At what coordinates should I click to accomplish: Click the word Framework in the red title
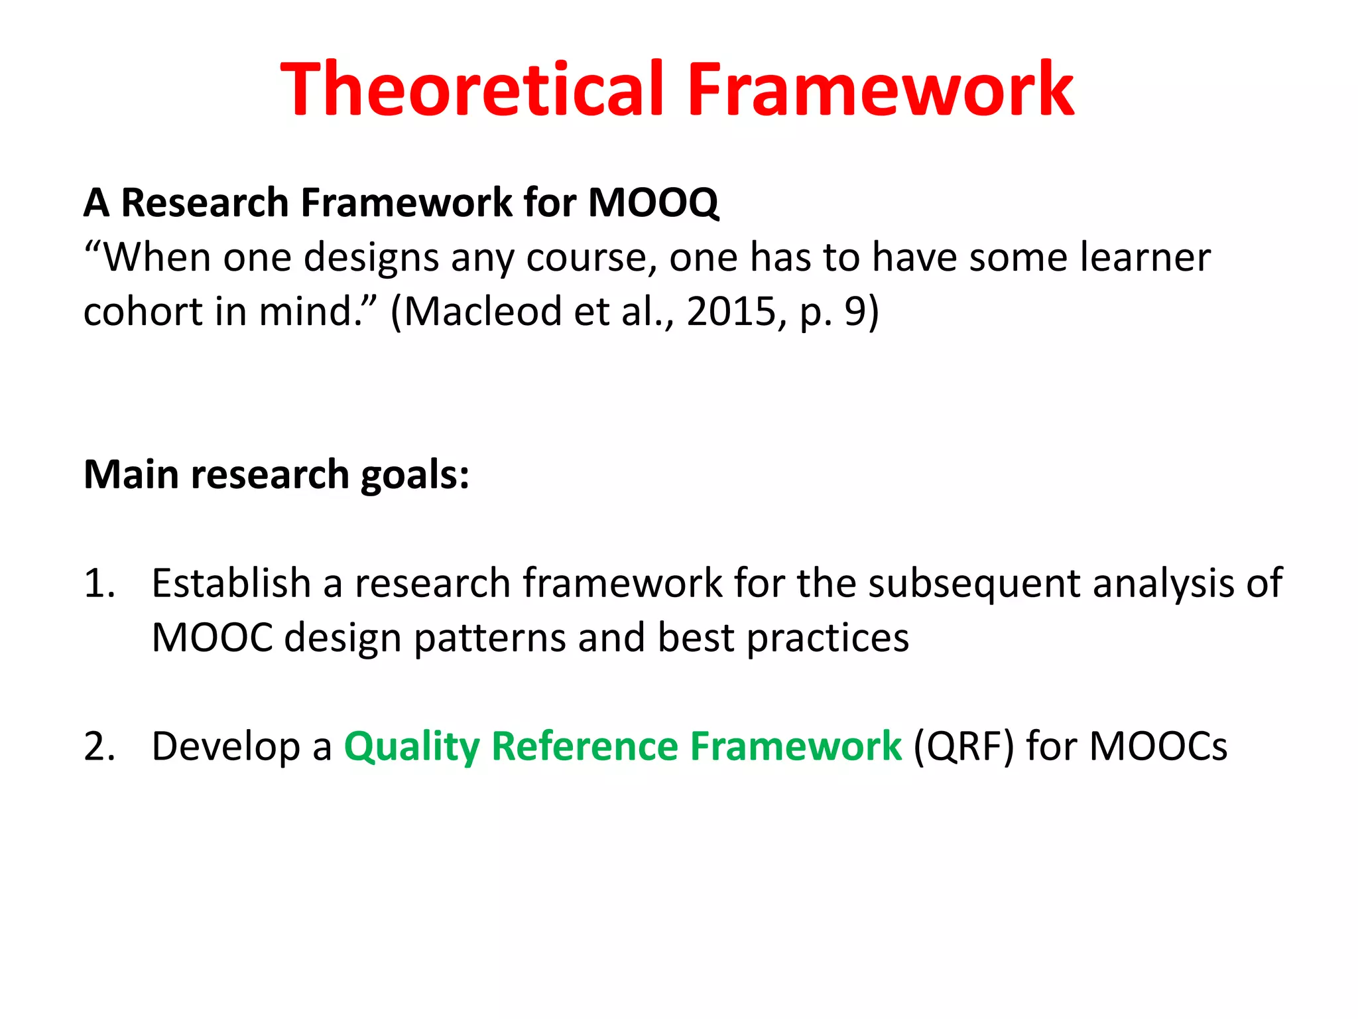pos(880,90)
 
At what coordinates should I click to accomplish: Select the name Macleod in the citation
pos(482,311)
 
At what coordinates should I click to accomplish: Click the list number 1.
pos(99,584)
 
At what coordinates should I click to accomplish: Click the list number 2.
pos(99,746)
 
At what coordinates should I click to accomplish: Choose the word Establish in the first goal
pos(231,584)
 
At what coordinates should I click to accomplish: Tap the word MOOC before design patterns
pos(212,638)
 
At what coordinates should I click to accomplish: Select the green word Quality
pos(411,746)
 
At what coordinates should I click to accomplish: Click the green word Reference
pos(584,746)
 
